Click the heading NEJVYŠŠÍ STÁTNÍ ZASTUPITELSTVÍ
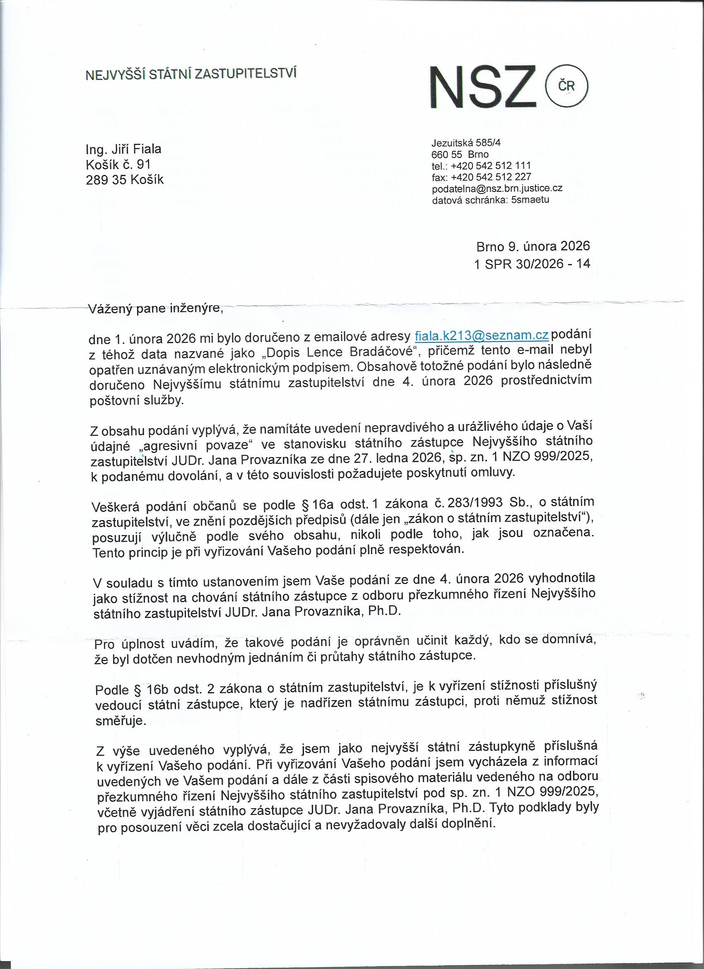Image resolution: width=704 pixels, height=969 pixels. pos(191,74)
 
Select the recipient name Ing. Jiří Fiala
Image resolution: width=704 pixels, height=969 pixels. pos(124,150)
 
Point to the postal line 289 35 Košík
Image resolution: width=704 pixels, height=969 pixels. pos(125,179)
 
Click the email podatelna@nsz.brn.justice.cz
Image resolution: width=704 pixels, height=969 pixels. pos(497,188)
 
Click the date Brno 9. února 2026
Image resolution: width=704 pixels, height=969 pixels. pos(533,246)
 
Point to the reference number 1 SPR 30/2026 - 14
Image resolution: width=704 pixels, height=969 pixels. pos(532,264)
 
